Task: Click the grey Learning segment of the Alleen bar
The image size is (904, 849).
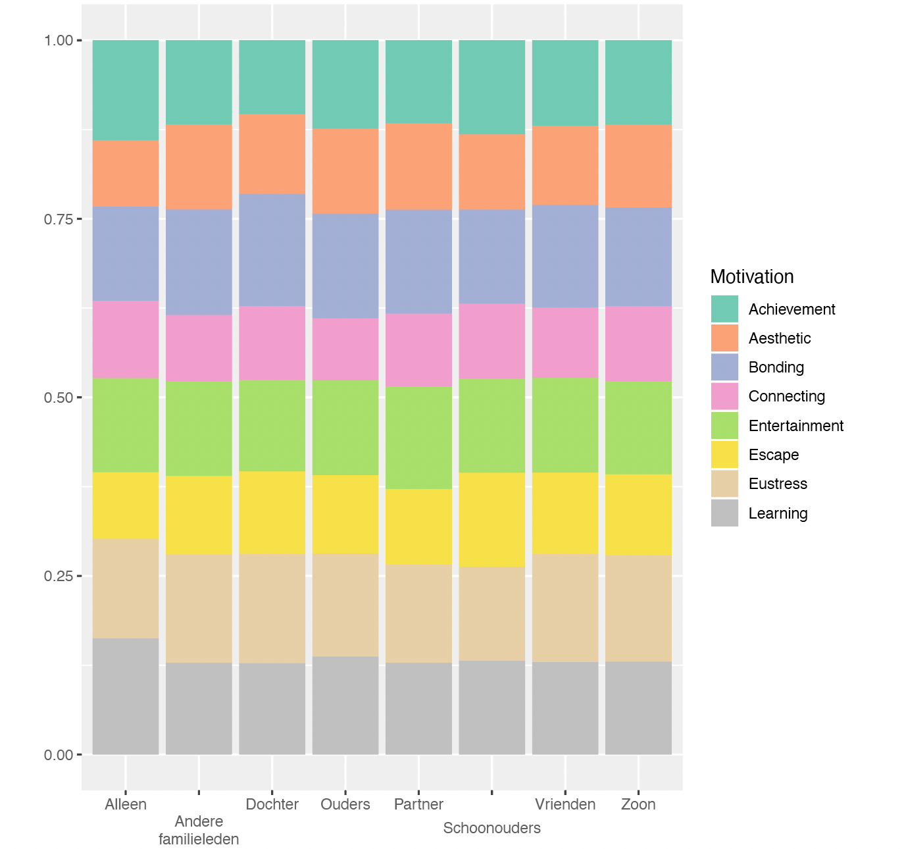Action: (x=126, y=696)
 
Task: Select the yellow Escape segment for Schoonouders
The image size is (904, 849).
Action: (x=492, y=519)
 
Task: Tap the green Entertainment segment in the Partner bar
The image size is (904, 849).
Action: (x=418, y=437)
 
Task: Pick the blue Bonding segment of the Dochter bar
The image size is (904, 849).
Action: (x=272, y=249)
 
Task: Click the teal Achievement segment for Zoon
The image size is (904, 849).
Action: (x=638, y=82)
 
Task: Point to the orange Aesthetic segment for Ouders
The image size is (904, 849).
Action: (x=345, y=170)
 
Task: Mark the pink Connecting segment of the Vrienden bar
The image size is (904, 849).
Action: (x=565, y=342)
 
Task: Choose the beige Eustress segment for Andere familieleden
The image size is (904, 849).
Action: (x=199, y=608)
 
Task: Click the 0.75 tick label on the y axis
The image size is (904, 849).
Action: (x=58, y=219)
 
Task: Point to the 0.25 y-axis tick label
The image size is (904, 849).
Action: (x=58, y=576)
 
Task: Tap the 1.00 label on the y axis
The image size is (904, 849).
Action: (x=58, y=41)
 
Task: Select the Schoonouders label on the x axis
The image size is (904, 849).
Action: (x=491, y=828)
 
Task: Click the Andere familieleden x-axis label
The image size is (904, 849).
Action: (x=199, y=830)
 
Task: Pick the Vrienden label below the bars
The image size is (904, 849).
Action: (x=565, y=804)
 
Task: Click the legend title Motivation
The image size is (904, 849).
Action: (x=752, y=276)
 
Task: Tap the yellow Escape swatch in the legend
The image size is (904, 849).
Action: (x=724, y=455)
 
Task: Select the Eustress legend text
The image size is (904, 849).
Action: (x=778, y=484)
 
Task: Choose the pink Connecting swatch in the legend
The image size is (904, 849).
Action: (x=724, y=396)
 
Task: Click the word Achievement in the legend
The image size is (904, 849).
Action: (x=791, y=309)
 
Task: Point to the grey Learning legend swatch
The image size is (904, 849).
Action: (x=724, y=513)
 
